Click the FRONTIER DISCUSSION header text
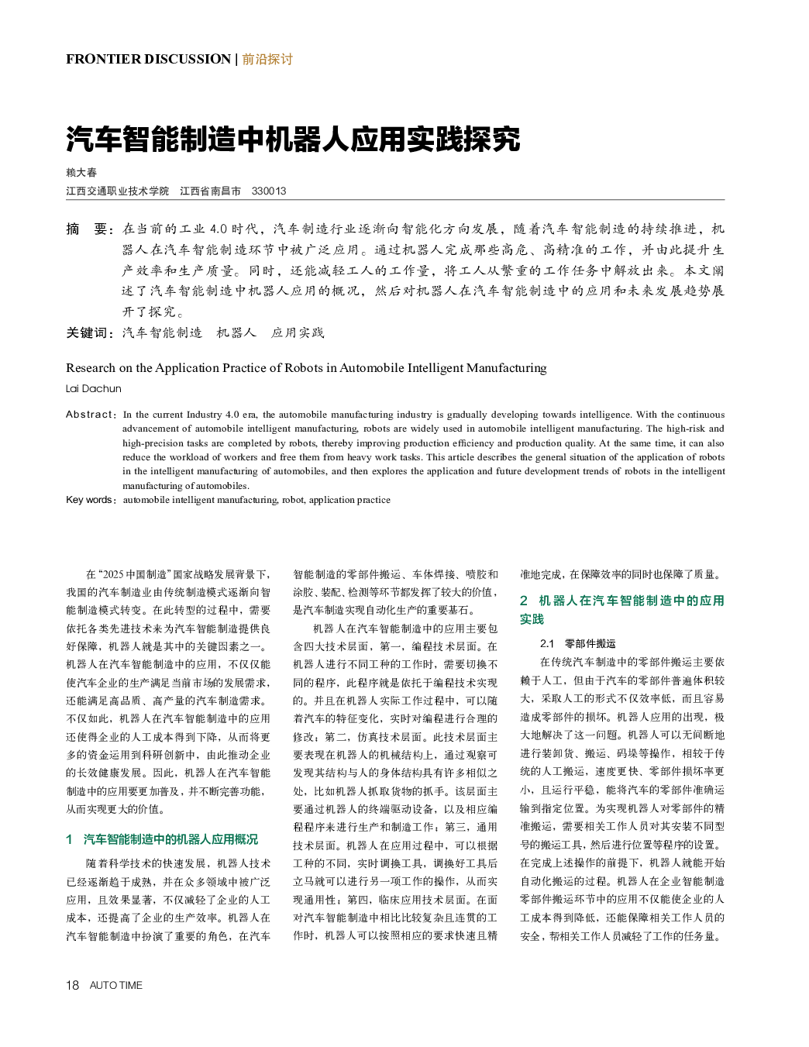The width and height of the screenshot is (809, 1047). coord(148,59)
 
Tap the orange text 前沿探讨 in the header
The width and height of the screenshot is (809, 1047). coord(267,59)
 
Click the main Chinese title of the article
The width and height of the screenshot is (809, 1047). coord(293,139)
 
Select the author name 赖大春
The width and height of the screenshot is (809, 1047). coord(81,172)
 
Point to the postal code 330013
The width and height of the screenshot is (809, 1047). coord(269,191)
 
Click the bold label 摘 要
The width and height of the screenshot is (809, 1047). coord(87,229)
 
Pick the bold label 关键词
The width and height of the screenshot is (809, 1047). coord(90,332)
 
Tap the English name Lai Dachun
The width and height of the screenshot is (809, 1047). coord(94,388)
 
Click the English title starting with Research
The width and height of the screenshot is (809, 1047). coord(306,367)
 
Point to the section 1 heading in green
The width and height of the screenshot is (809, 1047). coord(162,839)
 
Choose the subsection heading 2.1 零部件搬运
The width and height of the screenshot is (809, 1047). coord(578,643)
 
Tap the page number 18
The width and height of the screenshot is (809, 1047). coord(72,985)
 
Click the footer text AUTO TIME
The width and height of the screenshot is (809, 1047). coord(116,985)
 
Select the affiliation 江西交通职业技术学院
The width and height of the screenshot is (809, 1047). coord(117,191)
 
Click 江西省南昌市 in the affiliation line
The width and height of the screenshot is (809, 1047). coord(210,191)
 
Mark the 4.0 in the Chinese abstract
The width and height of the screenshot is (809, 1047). coord(218,229)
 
